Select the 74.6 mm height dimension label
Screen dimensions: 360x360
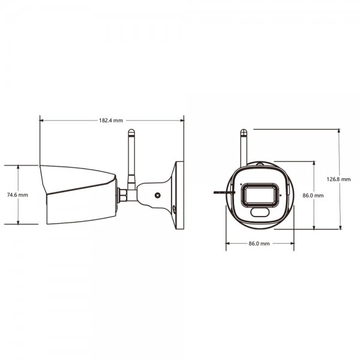pyautogui.click(x=17, y=195)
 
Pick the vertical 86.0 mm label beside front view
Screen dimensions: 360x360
pyautogui.click(x=313, y=196)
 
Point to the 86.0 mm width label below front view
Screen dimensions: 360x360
pyautogui.click(x=259, y=244)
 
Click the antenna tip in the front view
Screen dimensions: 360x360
pyautogui.click(x=243, y=130)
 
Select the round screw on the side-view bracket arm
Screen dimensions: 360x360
pyautogui.click(x=157, y=195)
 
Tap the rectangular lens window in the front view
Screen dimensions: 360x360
pyautogui.click(x=260, y=196)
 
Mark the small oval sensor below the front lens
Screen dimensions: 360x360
pyautogui.click(x=260, y=212)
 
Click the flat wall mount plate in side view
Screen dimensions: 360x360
pyautogui.click(x=178, y=195)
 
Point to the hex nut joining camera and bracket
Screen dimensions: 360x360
pyautogui.click(x=122, y=194)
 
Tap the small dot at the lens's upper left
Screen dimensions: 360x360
pyautogui.click(x=241, y=184)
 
